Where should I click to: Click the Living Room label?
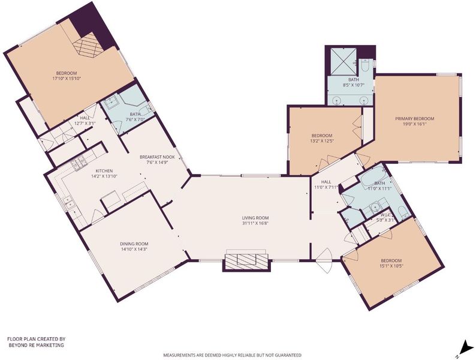click(x=255, y=218)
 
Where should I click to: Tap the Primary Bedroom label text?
click(x=414, y=118)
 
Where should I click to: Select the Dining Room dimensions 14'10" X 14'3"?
click(x=134, y=249)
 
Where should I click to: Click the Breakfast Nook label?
click(x=157, y=157)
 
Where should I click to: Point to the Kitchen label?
click(x=104, y=171)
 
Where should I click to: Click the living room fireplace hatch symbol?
click(x=246, y=260)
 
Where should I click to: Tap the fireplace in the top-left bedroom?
click(x=88, y=46)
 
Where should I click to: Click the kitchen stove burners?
click(x=78, y=162)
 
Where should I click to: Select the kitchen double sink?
click(x=68, y=202)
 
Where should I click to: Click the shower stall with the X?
click(x=342, y=61)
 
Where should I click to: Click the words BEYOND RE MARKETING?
click(x=36, y=345)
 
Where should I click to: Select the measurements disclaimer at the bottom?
click(x=233, y=355)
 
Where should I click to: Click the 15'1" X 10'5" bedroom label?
click(x=391, y=263)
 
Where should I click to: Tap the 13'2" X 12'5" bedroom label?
click(x=322, y=138)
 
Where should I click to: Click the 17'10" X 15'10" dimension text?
click(x=67, y=79)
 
